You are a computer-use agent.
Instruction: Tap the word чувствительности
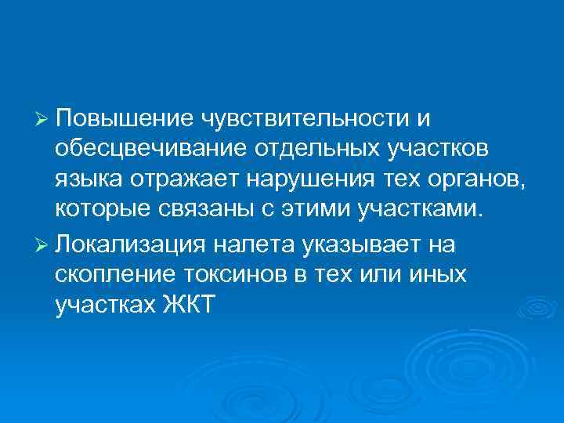[305, 118]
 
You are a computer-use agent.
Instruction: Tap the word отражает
[182, 179]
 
